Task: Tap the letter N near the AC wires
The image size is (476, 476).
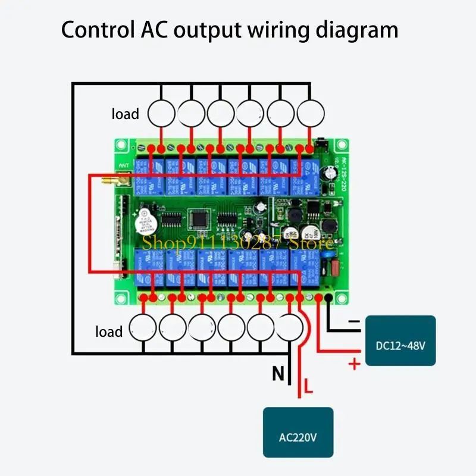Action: click(x=278, y=374)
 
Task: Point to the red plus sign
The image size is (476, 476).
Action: click(x=355, y=364)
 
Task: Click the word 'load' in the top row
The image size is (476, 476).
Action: click(x=125, y=114)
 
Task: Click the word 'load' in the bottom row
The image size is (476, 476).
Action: click(x=109, y=331)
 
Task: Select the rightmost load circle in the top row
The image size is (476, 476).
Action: click(x=309, y=112)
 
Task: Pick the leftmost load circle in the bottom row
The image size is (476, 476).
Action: click(x=143, y=326)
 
